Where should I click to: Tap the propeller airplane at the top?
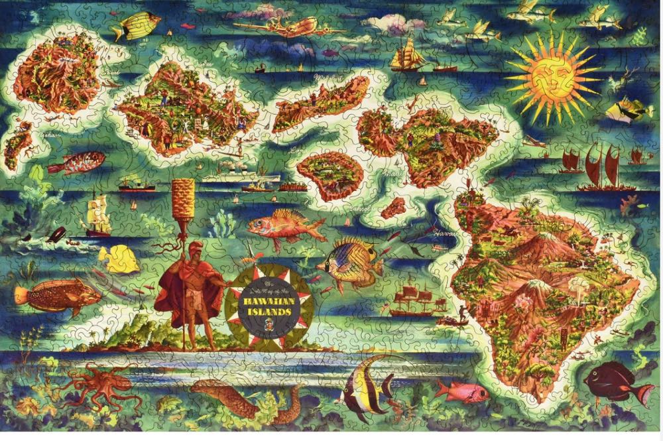pyautogui.click(x=282, y=27)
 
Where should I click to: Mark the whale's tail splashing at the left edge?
pyautogui.click(x=57, y=235)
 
